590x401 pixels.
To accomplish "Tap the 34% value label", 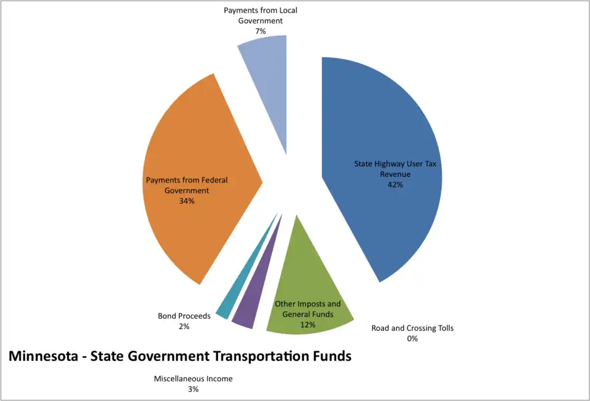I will [x=187, y=201].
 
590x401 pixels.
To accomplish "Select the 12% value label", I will [x=307, y=325].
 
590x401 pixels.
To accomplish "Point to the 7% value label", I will [x=261, y=30].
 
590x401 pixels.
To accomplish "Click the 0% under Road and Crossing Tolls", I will [x=412, y=338].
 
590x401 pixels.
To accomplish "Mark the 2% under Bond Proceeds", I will [x=184, y=326].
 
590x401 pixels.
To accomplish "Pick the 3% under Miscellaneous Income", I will [x=193, y=389].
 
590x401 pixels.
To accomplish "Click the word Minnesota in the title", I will [x=44, y=356].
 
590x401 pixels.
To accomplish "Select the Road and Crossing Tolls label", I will [x=412, y=328].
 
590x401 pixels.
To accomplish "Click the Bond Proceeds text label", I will [x=184, y=316].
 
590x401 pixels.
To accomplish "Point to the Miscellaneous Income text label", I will [x=193, y=379].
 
